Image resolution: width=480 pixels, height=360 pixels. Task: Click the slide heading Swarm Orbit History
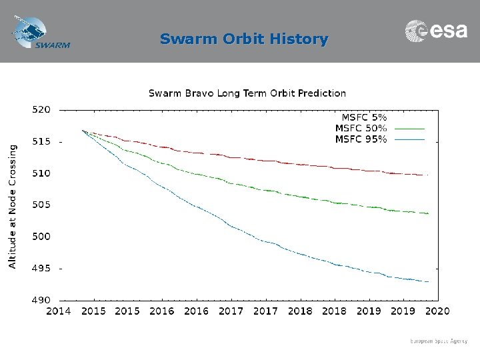click(x=244, y=39)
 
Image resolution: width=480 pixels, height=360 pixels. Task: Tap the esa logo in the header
click(x=437, y=31)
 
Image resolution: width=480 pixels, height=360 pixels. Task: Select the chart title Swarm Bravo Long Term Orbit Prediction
click(x=247, y=93)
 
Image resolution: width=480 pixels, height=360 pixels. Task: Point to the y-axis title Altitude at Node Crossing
click(x=13, y=207)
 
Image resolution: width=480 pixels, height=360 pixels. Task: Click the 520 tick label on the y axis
click(x=41, y=110)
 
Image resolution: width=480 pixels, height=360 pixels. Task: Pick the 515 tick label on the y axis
click(x=41, y=142)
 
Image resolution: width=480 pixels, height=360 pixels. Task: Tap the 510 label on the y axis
click(x=41, y=173)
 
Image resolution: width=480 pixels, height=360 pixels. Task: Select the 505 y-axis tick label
click(x=41, y=205)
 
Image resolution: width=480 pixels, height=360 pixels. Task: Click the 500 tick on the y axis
click(x=41, y=237)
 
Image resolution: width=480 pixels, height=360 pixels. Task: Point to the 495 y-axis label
click(x=41, y=268)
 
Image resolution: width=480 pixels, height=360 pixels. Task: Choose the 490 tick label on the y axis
click(x=41, y=300)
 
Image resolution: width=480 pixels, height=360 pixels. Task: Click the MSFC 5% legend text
click(x=365, y=116)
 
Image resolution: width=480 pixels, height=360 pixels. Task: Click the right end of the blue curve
click(x=427, y=282)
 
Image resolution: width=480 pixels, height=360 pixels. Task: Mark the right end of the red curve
click(x=427, y=175)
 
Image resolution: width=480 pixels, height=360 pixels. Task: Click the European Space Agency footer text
click(x=439, y=341)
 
